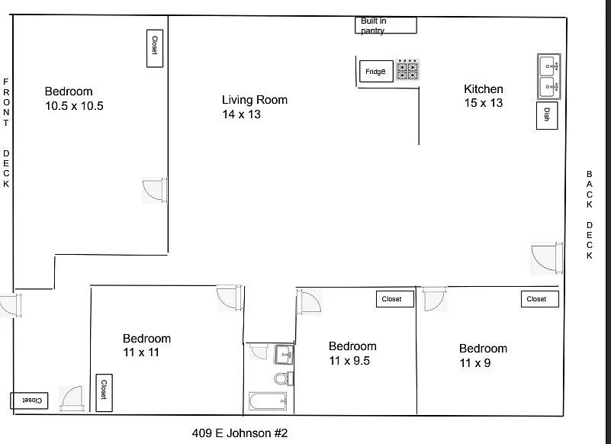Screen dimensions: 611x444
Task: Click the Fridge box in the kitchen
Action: tap(376, 72)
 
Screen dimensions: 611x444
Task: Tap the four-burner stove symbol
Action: tap(407, 69)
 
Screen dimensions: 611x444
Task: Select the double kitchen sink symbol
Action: tap(549, 76)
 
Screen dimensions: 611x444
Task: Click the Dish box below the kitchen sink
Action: tap(547, 115)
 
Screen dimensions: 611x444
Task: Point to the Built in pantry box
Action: tap(386, 25)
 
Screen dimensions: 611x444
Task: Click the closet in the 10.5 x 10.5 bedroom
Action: tap(155, 48)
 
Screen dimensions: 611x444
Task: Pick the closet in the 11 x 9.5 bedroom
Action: tap(394, 299)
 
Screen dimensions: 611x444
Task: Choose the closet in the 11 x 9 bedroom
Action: tap(540, 299)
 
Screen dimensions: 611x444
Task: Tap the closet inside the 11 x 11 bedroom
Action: tap(104, 393)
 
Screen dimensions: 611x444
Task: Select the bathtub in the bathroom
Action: tap(268, 401)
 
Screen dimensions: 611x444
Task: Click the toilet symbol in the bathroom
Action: tap(283, 378)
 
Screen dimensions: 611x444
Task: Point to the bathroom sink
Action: tap(284, 354)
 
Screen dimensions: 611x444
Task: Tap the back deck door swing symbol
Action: tap(547, 258)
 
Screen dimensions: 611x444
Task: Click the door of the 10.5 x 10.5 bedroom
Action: tap(155, 190)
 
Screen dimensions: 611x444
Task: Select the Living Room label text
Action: tap(255, 100)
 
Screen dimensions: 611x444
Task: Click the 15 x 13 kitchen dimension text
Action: tap(483, 103)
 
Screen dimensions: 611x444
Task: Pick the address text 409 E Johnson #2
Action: tap(240, 433)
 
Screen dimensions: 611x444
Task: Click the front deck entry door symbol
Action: tap(11, 305)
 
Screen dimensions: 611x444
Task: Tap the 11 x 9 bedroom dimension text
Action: tap(475, 363)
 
